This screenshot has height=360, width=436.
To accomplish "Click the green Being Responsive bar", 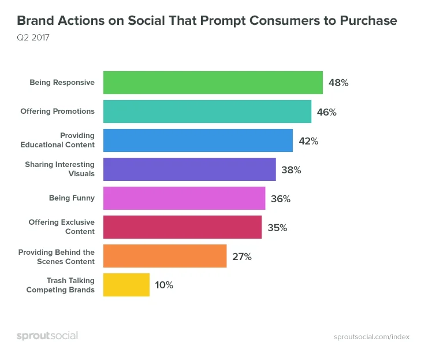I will coord(213,83).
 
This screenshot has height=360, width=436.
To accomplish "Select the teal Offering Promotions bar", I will coord(207,112).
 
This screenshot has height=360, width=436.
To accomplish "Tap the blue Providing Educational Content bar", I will coord(197,140).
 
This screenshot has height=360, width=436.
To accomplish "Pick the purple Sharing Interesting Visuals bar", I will coord(189,169).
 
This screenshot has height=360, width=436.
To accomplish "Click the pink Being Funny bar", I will coord(184,198).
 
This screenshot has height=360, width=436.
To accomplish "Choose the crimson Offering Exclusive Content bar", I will coord(182,227).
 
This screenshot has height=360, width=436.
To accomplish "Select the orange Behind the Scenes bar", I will coord(165,256).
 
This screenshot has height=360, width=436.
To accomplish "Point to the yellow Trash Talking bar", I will coord(126,285).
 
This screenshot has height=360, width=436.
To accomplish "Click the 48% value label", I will coord(338,83).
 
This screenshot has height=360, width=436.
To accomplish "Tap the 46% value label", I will coord(326,112).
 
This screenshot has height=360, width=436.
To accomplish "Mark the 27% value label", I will coord(242,257).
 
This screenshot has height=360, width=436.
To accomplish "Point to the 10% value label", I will coord(163,285).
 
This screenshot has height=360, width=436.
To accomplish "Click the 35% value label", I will coord(277,228).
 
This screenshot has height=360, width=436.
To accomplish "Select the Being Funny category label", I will coord(72,198).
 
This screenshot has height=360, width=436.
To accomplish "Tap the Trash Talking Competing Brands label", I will coord(61,285).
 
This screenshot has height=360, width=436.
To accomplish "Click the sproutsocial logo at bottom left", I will coord(47,336).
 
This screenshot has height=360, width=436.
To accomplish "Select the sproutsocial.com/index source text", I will coord(371,336).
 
